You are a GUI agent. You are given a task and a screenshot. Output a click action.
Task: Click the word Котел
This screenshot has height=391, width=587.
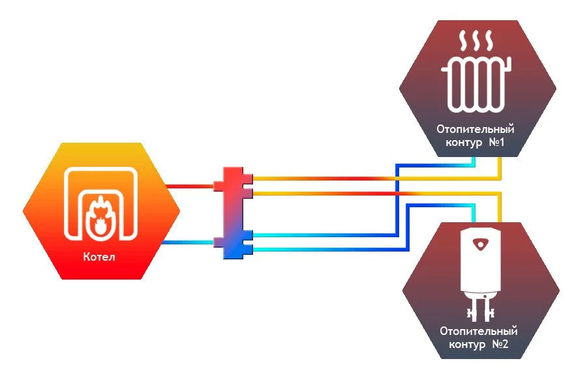pos(100,256)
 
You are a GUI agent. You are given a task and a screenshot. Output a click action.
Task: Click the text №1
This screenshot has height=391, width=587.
pos(498,141)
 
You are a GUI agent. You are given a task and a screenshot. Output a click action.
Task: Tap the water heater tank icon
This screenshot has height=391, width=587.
pos(481,261)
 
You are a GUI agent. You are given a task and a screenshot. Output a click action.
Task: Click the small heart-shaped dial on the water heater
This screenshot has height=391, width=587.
pos(481,245)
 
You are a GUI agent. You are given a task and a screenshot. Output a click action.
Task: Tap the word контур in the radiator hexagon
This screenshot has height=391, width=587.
pos(462,142)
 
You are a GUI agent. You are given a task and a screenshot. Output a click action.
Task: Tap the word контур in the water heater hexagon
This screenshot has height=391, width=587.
pos(467,344)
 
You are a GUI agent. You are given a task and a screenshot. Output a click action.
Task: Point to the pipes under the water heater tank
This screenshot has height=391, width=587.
pos(481,306)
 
